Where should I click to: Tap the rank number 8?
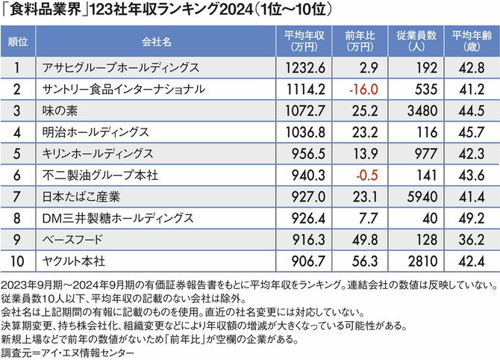(x=18, y=218)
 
